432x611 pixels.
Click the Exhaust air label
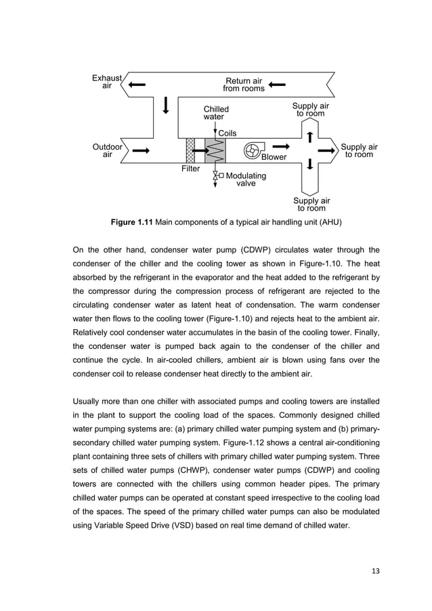[106, 82]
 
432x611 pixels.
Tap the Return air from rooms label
[244, 85]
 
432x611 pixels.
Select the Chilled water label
[216, 112]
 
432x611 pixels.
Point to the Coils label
[227, 133]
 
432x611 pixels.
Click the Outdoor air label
[107, 150]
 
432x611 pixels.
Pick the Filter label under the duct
[190, 169]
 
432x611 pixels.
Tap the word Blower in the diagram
[274, 157]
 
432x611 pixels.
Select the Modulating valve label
[245, 180]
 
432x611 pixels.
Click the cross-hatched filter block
[190, 150]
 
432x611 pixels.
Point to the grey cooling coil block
[215, 150]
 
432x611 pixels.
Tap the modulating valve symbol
[215, 176]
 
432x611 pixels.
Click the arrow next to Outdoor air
[141, 150]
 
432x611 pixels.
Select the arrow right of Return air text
[277, 85]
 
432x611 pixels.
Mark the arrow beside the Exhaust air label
[136, 85]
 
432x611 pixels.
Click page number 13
[375, 570]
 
